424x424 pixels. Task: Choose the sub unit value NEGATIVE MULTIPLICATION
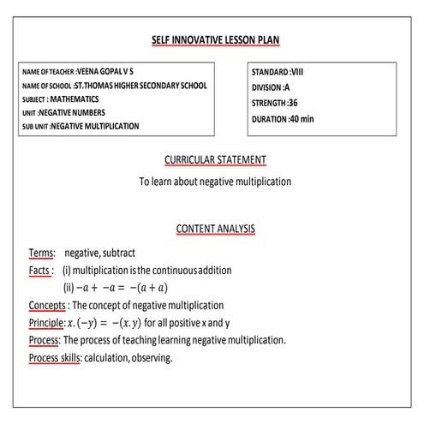94,126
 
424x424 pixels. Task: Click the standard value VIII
297,72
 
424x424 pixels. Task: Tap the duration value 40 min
302,118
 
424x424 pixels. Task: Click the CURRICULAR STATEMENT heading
215,160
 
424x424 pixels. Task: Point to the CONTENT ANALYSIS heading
215,229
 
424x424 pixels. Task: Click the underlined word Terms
41,254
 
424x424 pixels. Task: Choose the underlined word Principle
46,323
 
